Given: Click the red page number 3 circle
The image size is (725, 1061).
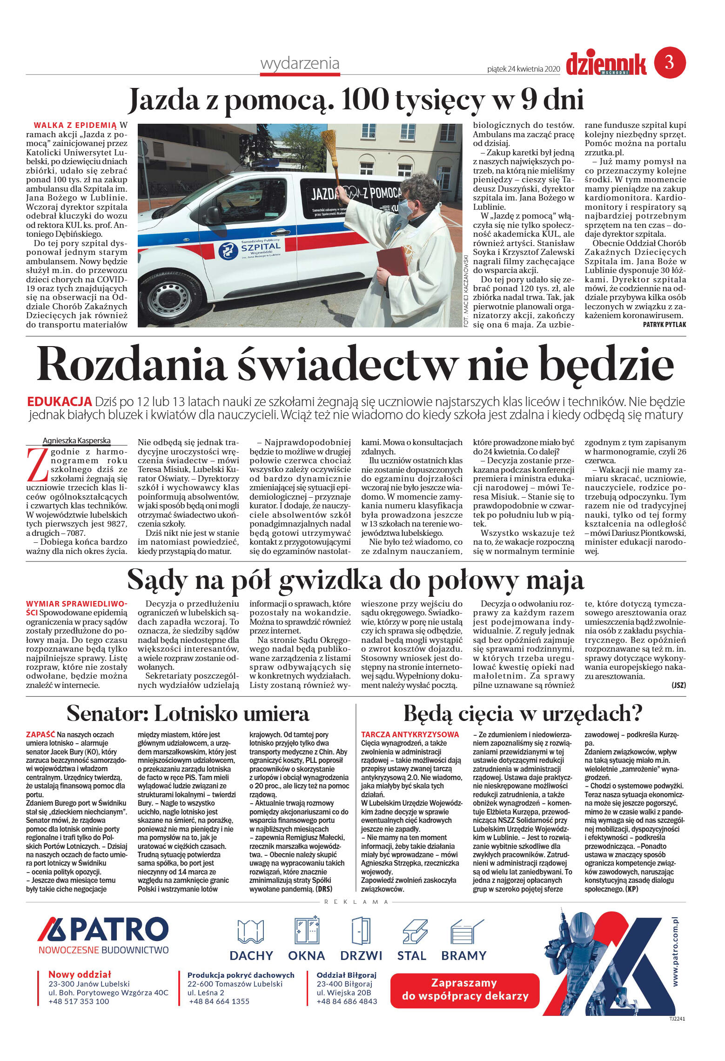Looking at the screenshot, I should [670, 62].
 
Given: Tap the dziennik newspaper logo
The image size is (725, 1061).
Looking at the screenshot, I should [606, 64].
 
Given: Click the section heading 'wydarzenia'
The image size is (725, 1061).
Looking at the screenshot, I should [300, 63].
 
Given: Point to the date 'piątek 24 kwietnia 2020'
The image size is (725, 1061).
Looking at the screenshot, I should [523, 69].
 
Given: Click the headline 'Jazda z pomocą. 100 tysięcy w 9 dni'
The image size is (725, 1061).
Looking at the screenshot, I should [356, 100].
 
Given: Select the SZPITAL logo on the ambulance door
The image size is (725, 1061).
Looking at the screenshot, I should [252, 250].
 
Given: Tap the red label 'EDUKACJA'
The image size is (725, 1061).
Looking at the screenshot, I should [59, 401].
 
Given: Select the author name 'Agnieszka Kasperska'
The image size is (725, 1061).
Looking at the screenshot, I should [76, 440].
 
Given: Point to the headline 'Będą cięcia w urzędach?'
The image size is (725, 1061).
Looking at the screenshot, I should [523, 713].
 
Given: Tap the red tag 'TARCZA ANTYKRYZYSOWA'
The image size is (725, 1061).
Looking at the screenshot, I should [409, 734].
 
